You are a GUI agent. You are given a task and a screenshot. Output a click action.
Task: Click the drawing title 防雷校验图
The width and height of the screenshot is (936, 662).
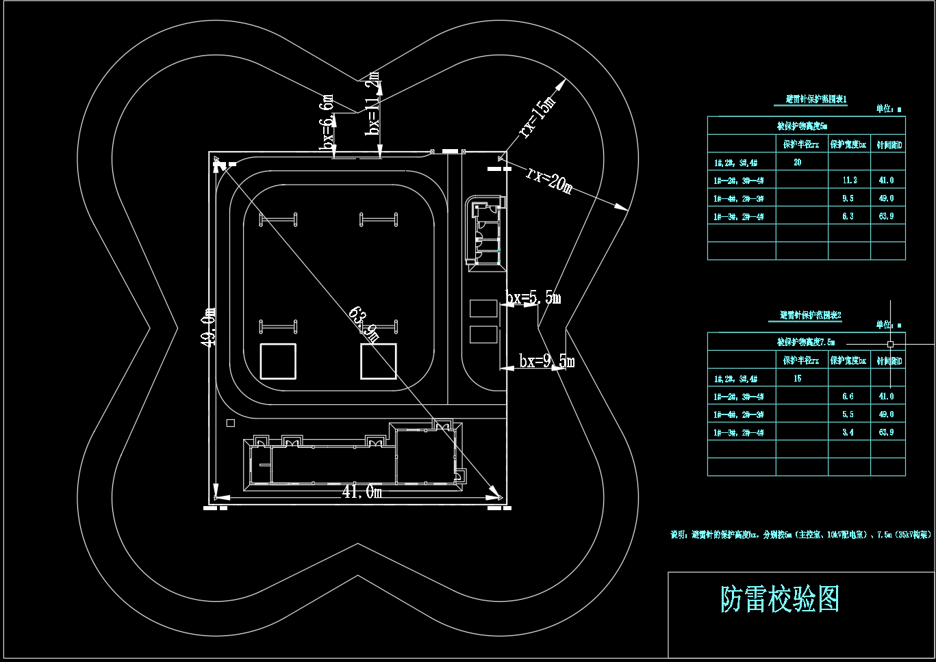click(779, 600)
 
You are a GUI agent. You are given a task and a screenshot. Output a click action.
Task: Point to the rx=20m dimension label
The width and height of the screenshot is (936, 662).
click(548, 179)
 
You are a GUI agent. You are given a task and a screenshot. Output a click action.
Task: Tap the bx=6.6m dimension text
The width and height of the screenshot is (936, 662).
click(327, 122)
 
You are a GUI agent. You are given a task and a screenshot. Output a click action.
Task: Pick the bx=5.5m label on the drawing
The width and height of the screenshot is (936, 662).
click(533, 297)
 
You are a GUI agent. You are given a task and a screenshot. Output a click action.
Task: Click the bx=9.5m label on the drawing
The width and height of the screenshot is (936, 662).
click(546, 361)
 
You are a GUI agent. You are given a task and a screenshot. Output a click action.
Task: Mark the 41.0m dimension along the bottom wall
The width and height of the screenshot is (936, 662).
click(362, 492)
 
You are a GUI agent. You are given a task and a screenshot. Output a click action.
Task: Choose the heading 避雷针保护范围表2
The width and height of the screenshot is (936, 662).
click(810, 315)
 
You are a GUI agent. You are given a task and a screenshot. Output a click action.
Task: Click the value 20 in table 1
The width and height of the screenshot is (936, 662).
click(797, 163)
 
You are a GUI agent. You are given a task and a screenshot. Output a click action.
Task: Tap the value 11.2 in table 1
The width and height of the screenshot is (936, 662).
click(849, 181)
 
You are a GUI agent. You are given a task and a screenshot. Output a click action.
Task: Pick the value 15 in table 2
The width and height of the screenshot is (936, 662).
click(797, 379)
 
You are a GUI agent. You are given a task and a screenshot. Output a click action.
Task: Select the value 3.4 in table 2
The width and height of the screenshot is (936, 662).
click(848, 432)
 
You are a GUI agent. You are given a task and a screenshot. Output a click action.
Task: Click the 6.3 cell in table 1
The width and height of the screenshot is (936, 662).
click(848, 216)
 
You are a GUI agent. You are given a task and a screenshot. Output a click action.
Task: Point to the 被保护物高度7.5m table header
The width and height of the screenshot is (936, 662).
click(805, 342)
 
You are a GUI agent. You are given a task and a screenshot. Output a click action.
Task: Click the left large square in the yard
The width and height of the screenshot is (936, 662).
click(278, 361)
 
